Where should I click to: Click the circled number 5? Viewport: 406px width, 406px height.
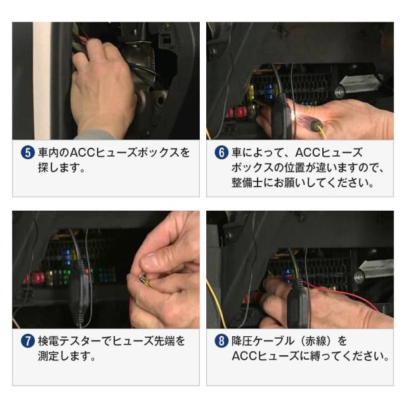click(x=28, y=153)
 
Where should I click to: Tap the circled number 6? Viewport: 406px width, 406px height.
click(x=222, y=153)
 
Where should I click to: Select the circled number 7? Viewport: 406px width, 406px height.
click(x=28, y=341)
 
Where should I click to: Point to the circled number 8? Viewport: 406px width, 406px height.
click(x=222, y=341)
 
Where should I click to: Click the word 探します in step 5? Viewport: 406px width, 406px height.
click(x=63, y=169)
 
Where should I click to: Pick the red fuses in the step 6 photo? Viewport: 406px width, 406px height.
click(x=240, y=112)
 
